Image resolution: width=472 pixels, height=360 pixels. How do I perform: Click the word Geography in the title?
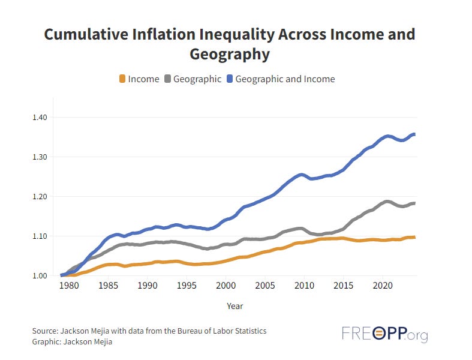point(230,55)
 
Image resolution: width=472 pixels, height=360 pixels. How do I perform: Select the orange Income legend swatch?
point(122,79)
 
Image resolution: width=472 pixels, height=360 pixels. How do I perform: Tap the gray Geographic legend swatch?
point(167,79)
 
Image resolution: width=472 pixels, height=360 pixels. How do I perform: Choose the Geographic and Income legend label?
point(285,79)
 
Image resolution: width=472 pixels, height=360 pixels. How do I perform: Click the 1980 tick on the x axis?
point(70,286)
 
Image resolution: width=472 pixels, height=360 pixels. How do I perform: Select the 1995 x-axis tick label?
point(187,286)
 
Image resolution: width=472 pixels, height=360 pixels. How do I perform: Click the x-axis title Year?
point(235,306)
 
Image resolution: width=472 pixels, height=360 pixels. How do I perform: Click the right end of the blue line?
point(414,134)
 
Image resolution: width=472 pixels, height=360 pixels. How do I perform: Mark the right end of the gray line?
point(414,203)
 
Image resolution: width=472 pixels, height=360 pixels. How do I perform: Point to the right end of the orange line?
point(414,238)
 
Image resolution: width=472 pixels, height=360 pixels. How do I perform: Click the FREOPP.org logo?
point(384,334)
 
